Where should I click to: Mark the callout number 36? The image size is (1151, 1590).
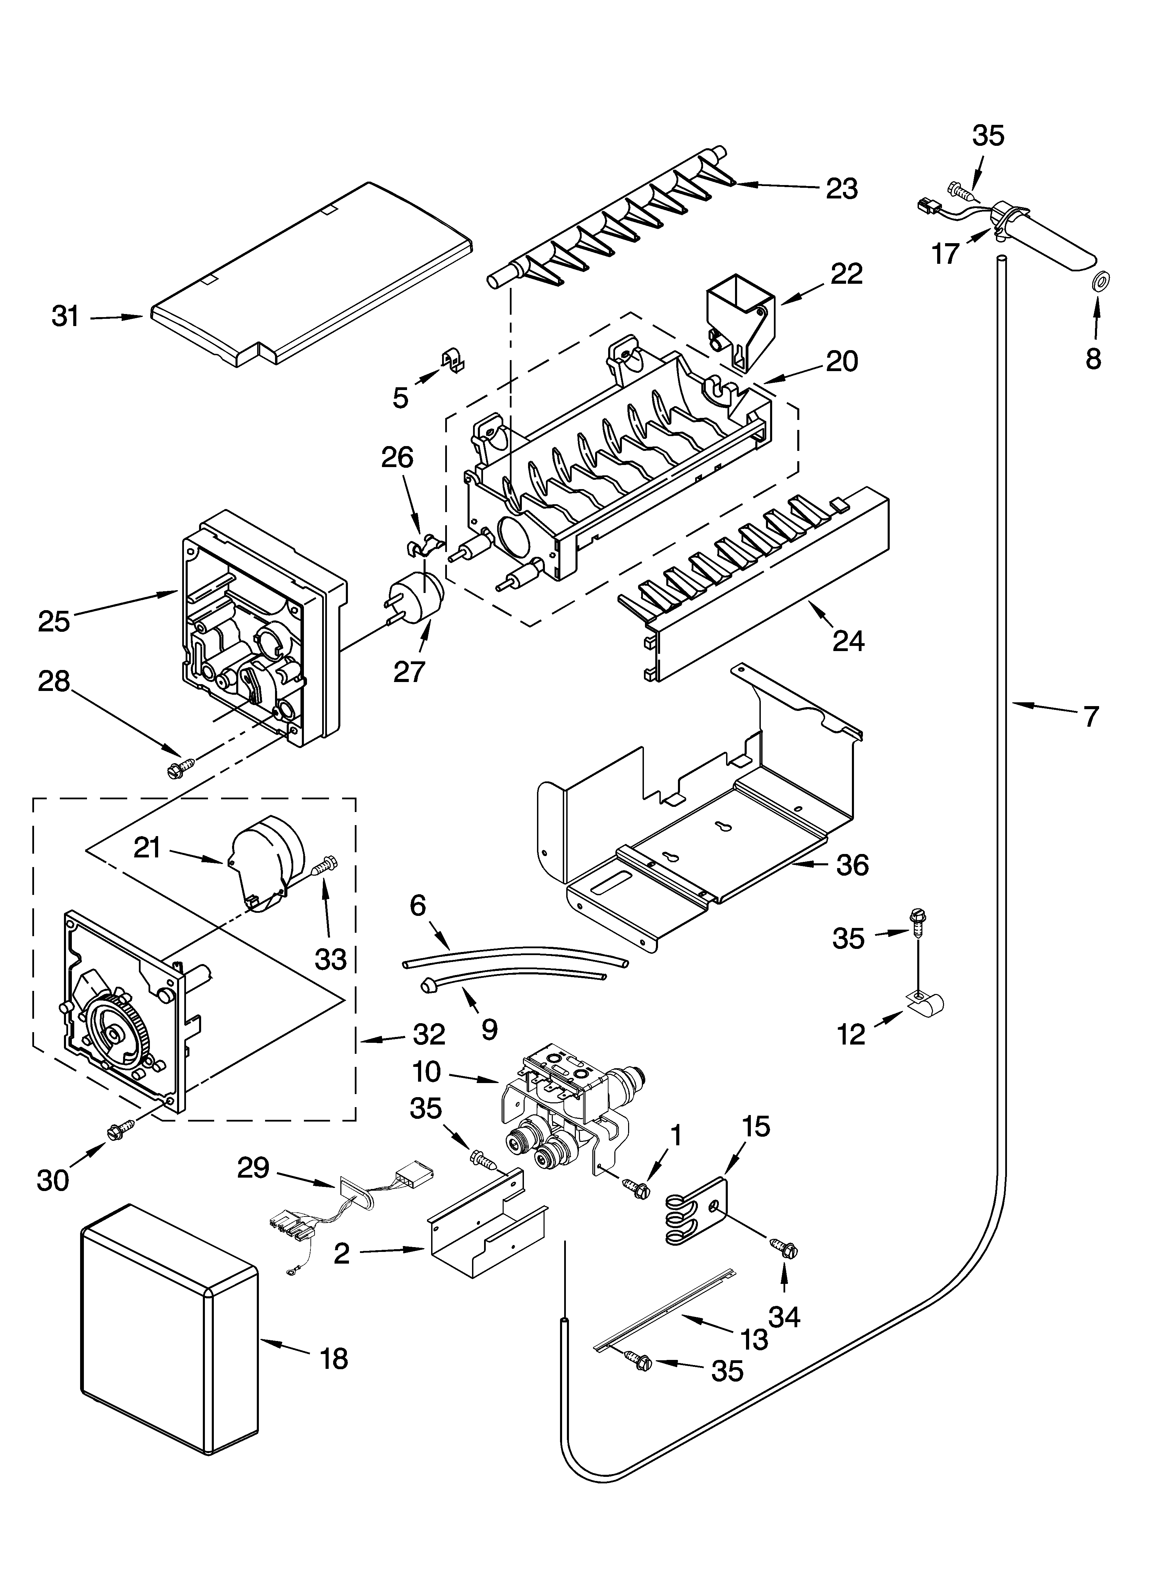[852, 865]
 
